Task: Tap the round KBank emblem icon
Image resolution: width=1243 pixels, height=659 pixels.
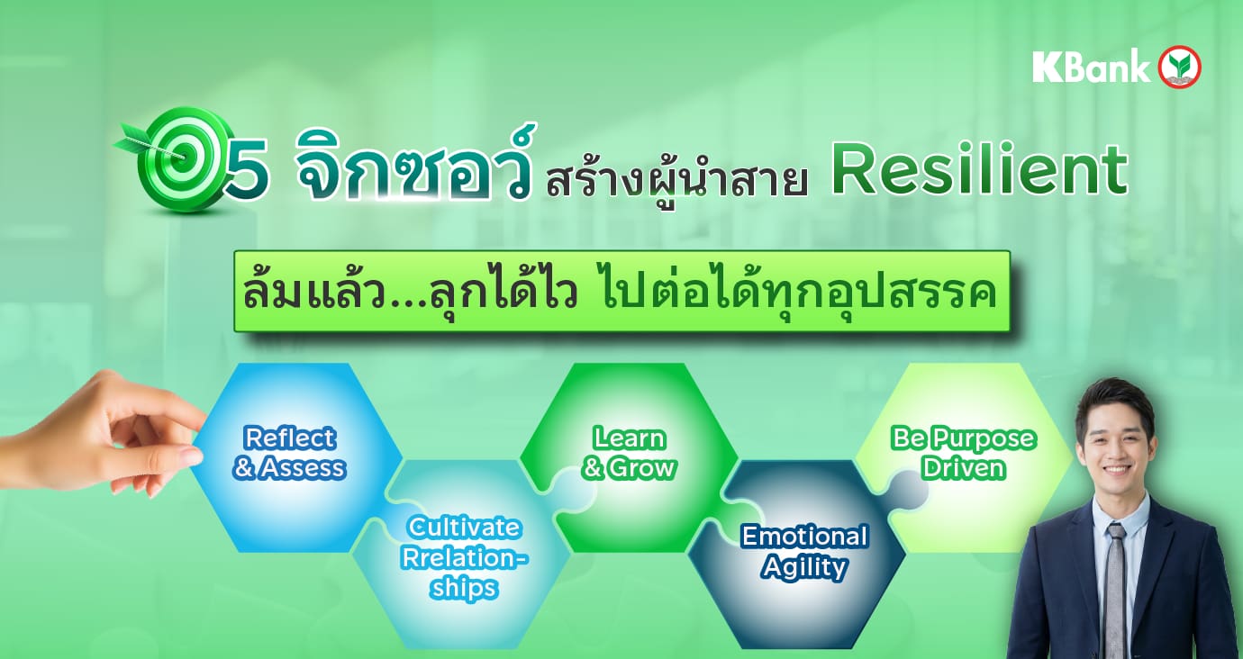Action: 1180,68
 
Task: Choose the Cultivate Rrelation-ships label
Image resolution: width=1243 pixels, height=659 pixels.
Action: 463,556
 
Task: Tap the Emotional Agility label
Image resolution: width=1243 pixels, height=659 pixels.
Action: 804,551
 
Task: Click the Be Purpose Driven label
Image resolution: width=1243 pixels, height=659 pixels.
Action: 963,453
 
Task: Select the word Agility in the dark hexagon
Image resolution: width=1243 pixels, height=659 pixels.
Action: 804,567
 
